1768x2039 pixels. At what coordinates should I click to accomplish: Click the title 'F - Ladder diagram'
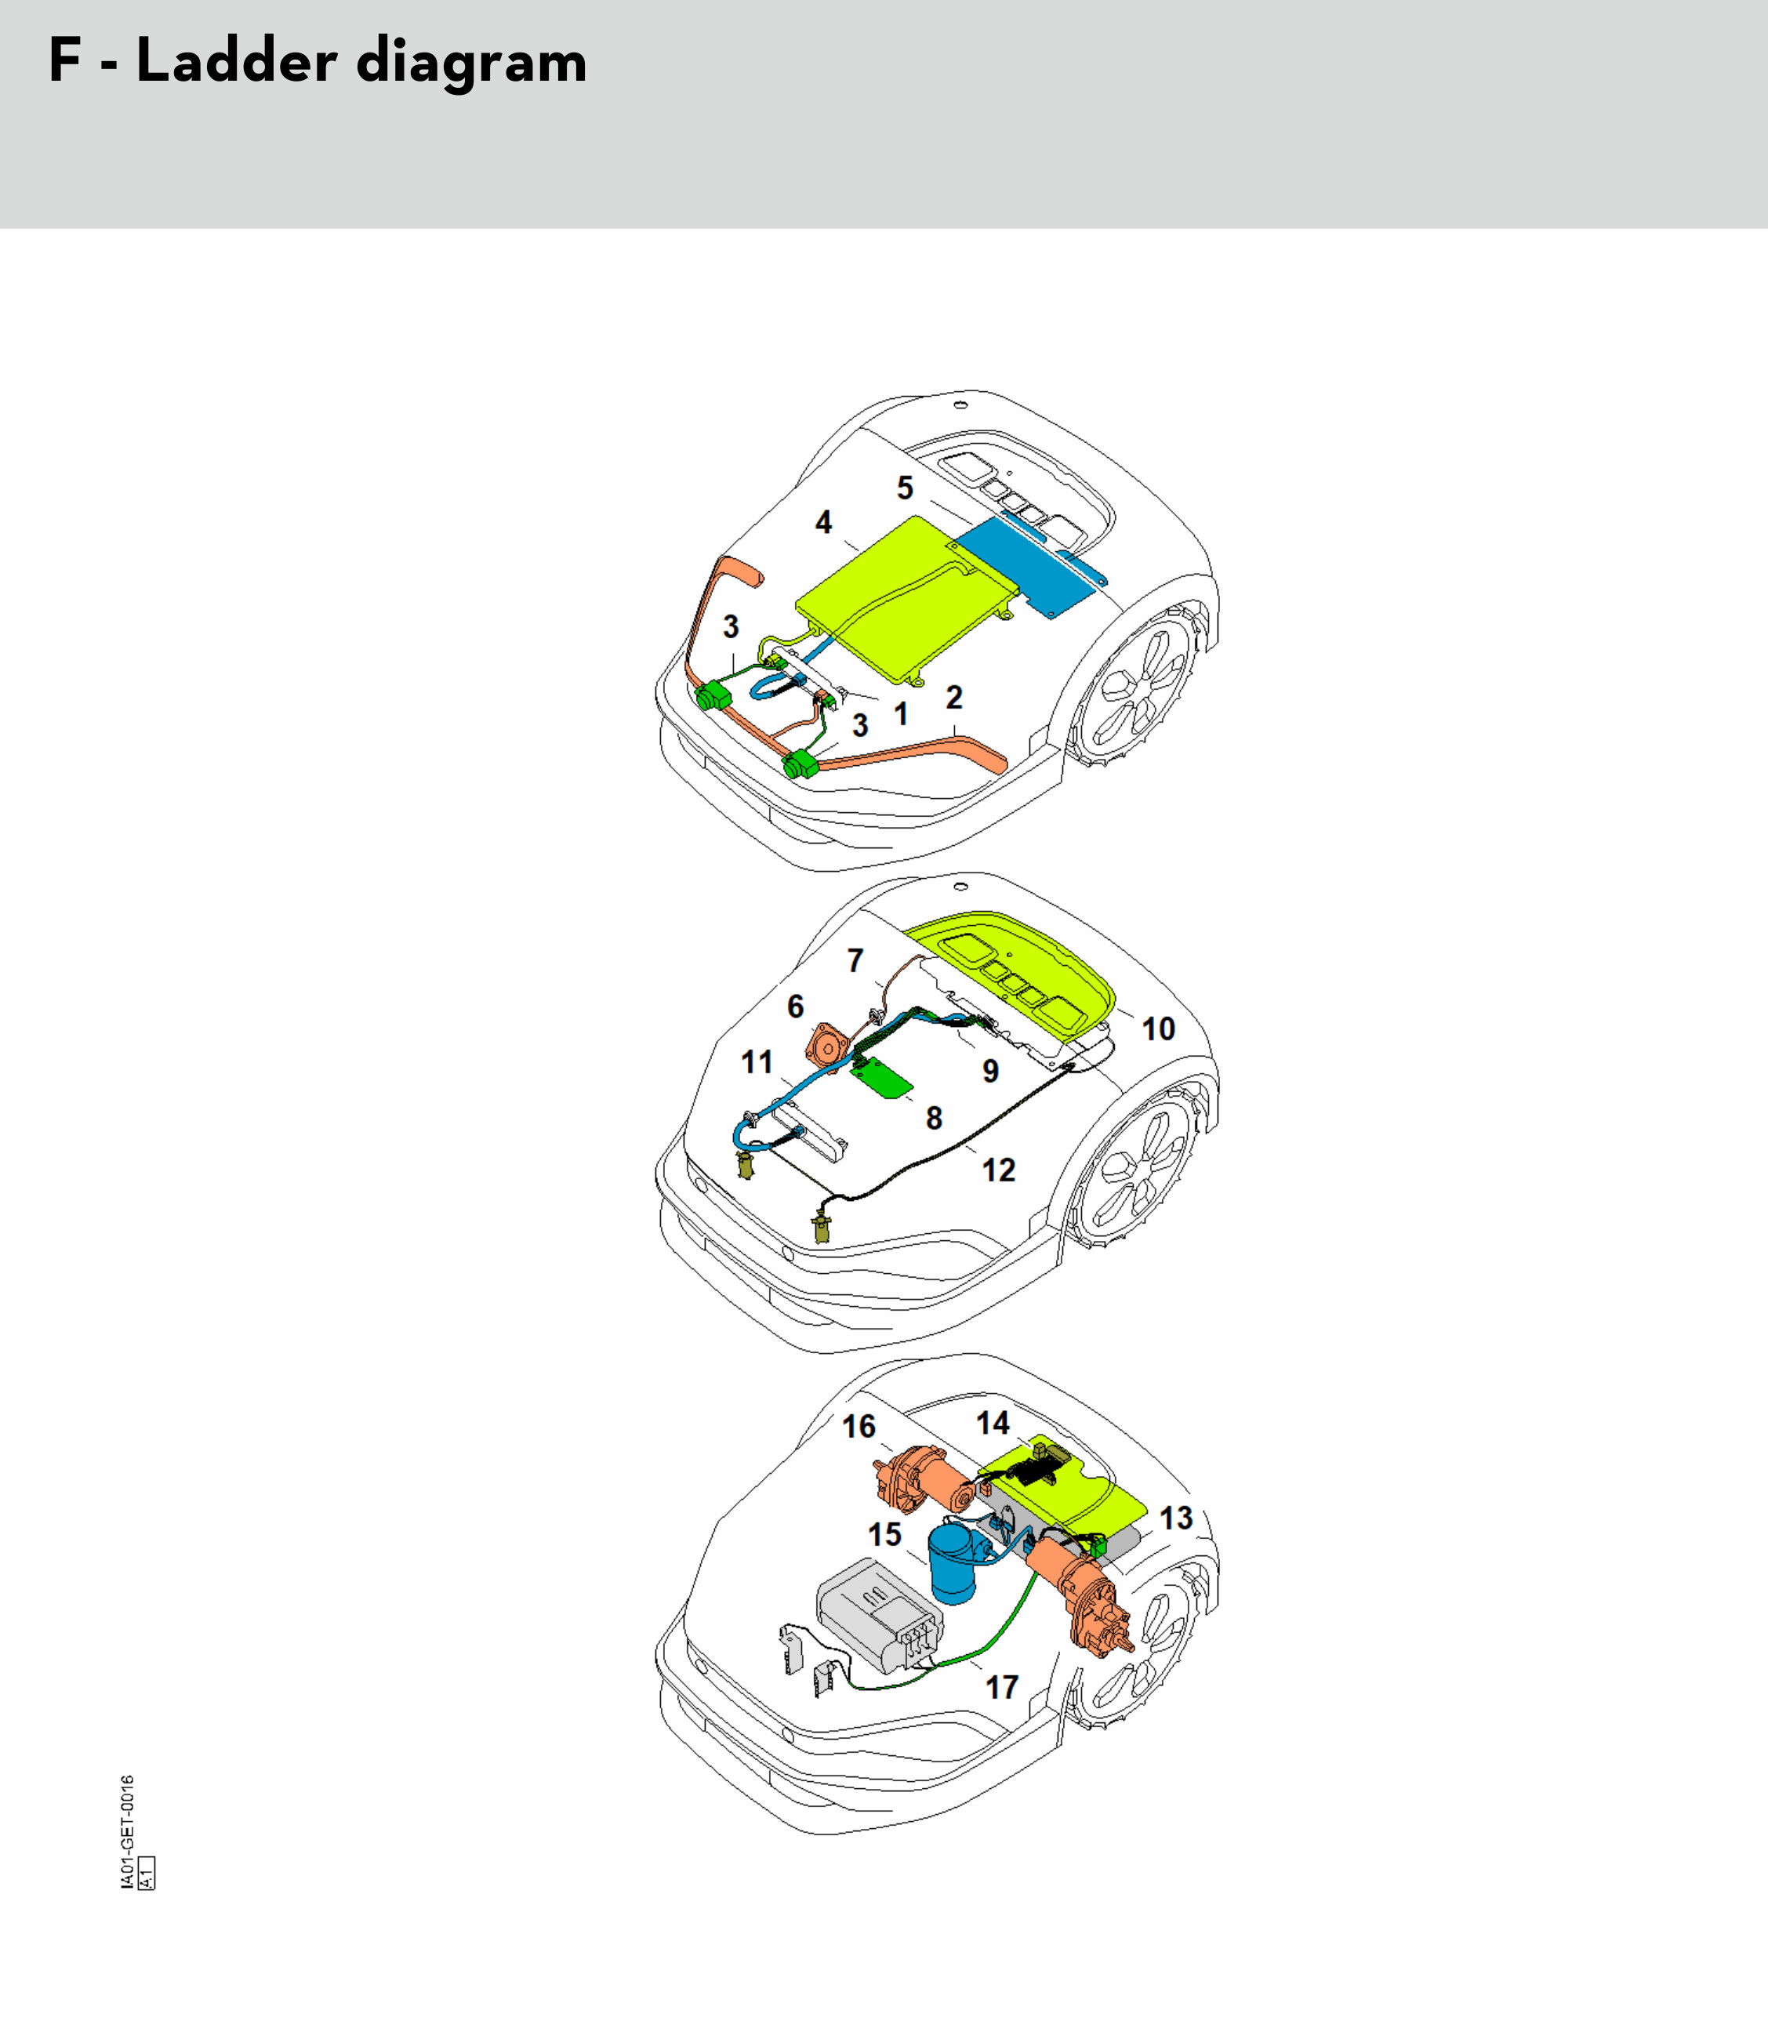coord(318,61)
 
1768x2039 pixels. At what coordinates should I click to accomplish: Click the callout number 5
coord(905,488)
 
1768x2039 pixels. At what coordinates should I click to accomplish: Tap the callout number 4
coord(822,522)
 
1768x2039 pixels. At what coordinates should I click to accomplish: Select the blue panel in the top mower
coord(1027,568)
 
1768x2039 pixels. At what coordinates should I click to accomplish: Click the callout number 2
coord(954,698)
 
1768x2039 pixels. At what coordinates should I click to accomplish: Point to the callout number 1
coord(901,713)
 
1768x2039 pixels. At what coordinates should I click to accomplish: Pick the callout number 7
coord(855,960)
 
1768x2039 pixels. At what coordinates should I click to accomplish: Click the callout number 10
coord(1158,1029)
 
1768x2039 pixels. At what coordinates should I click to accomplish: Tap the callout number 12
coord(998,1170)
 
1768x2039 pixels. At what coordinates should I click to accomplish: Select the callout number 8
coord(933,1118)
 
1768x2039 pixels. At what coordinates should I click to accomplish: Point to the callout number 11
coord(757,1061)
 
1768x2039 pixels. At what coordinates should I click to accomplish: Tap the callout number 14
coord(993,1423)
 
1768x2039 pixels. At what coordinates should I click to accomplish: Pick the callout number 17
coord(1001,1687)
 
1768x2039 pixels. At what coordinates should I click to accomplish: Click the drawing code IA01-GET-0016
coord(127,1832)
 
